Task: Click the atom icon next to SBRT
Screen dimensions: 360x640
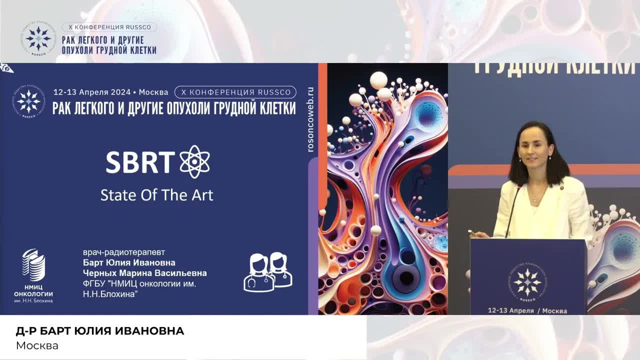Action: (x=194, y=161)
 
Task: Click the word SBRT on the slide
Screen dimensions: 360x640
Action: (x=140, y=162)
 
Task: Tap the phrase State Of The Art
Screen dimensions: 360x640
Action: (x=156, y=194)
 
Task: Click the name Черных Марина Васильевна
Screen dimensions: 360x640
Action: (x=144, y=273)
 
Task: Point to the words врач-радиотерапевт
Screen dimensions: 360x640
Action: (x=123, y=252)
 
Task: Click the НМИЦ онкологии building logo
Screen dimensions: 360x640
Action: (x=33, y=265)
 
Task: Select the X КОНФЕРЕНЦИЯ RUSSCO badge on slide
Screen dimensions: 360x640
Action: (x=235, y=92)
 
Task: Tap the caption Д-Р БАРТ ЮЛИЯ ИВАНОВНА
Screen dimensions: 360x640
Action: (x=100, y=331)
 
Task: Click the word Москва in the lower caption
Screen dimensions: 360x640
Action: (x=37, y=345)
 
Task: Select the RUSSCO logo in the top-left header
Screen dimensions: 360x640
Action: (x=38, y=38)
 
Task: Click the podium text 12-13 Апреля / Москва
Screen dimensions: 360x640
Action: (x=527, y=310)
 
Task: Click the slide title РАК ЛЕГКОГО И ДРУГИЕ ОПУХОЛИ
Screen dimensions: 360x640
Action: (x=174, y=108)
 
